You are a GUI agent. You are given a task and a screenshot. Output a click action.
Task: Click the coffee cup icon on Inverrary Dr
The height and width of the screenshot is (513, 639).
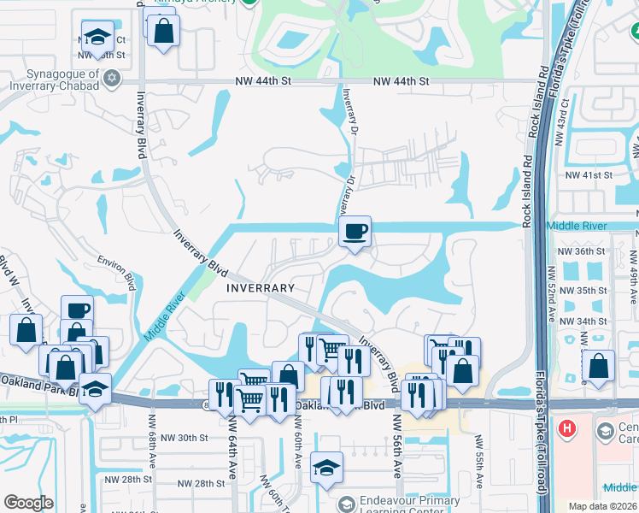tap(355, 231)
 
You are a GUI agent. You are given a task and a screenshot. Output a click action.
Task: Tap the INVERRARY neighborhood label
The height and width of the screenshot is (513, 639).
tap(261, 288)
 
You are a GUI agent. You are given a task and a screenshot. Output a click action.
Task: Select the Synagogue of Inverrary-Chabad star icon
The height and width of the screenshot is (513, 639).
tap(110, 80)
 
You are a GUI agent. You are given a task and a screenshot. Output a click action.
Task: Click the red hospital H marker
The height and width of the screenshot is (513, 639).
tap(566, 427)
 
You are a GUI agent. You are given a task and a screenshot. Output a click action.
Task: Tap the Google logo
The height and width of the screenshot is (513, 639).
tap(28, 503)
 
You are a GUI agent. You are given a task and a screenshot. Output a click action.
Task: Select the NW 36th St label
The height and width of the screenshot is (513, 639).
tap(581, 252)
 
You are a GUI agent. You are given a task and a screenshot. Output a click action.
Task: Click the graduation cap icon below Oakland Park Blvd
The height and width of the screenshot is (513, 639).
tap(326, 468)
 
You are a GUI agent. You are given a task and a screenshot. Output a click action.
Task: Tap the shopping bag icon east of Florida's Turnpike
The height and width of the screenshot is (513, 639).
tap(598, 365)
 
